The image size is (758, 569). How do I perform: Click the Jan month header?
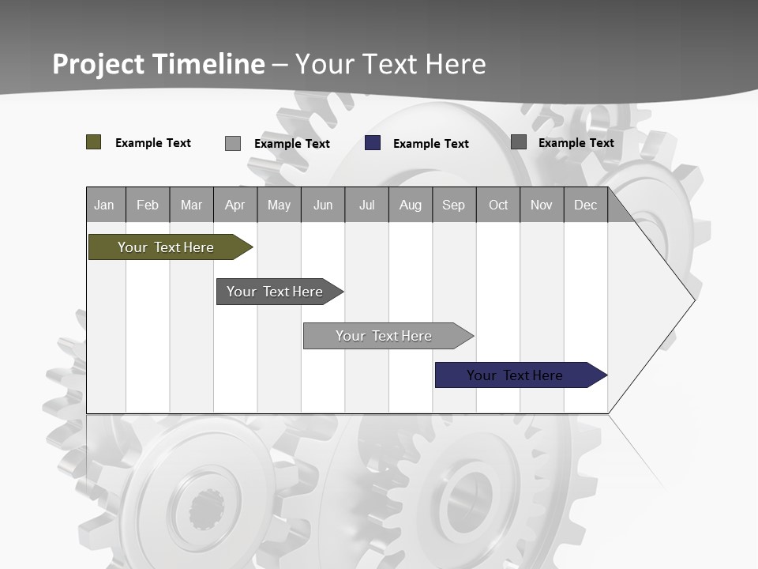click(104, 205)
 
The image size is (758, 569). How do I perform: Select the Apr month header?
click(235, 205)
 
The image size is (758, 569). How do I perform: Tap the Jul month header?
click(366, 205)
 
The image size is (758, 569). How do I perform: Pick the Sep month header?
click(453, 205)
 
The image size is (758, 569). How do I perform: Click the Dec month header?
click(585, 205)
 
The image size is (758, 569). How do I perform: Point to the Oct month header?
click(498, 205)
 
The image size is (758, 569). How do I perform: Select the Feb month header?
click(148, 205)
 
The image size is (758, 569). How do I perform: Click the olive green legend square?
click(94, 142)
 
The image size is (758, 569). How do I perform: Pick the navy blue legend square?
click(373, 143)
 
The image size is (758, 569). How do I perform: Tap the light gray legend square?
click(233, 143)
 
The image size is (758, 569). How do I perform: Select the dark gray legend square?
click(519, 142)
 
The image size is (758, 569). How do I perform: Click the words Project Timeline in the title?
click(158, 64)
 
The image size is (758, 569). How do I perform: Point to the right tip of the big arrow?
click(693, 300)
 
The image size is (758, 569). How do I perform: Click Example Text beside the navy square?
click(430, 144)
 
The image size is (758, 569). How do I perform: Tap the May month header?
click(279, 205)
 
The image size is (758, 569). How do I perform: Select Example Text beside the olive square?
click(152, 143)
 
